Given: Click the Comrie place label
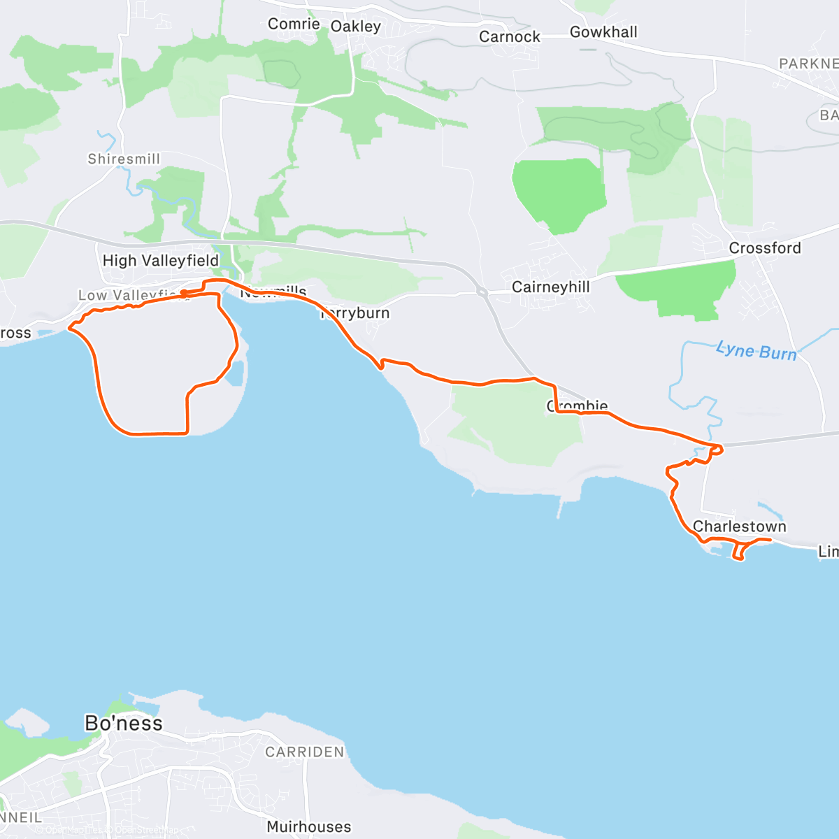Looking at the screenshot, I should coord(294,24).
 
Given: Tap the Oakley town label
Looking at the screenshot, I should coord(356,27).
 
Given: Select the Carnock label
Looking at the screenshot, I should coord(510,37).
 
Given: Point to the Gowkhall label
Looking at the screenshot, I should coord(603,32).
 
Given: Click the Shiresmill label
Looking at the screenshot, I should coord(124,159).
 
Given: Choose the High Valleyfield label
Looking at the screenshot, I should coord(161,261).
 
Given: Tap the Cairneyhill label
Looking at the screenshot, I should coord(551,287).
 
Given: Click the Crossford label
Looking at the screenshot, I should coord(765,248).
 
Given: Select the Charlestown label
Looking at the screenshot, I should coord(740,526).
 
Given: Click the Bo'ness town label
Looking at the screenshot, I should coord(124,723).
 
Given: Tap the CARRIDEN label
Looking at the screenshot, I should coord(305,752).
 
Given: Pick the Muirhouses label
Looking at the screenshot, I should coord(309,827).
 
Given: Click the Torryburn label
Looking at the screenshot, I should coord(357,313).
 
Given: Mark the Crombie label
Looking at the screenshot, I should coord(578,406).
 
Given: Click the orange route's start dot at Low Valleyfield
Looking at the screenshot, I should coord(183,292).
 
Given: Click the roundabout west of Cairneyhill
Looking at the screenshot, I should coord(482,291).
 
